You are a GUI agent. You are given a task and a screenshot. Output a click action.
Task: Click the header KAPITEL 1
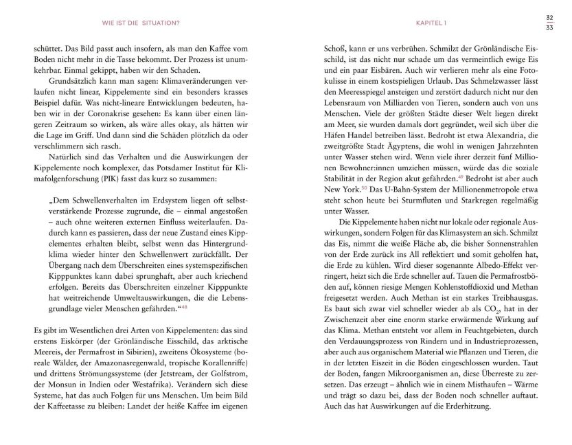click(x=431, y=22)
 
